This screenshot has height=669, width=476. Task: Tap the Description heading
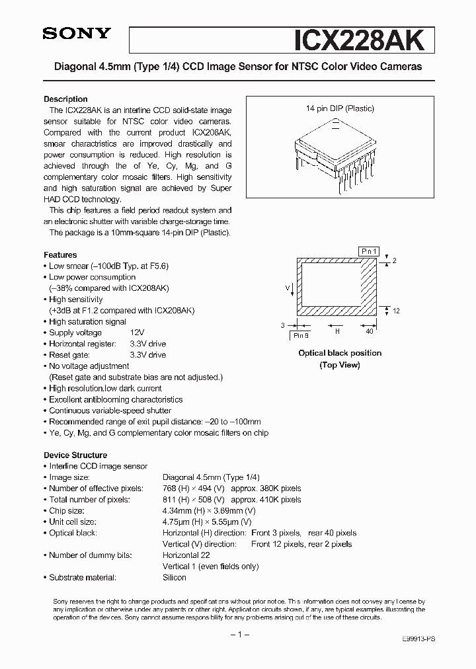tap(65, 98)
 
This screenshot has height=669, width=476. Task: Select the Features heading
tap(60, 255)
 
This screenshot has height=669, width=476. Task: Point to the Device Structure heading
tap(75, 455)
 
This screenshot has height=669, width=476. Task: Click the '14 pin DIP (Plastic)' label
tap(340, 108)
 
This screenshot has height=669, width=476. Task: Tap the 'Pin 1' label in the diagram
tap(369, 251)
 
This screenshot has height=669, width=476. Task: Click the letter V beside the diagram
tap(287, 288)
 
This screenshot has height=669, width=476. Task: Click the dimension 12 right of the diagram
tap(396, 311)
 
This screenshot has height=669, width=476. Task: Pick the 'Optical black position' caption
tap(340, 353)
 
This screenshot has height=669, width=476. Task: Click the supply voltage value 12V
tap(138, 333)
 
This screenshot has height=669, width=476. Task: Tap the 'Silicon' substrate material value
tap(175, 577)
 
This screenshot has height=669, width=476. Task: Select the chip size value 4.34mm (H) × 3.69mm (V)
tap(208, 510)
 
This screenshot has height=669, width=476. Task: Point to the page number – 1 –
tap(237, 635)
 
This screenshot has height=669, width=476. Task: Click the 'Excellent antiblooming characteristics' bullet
tap(116, 399)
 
